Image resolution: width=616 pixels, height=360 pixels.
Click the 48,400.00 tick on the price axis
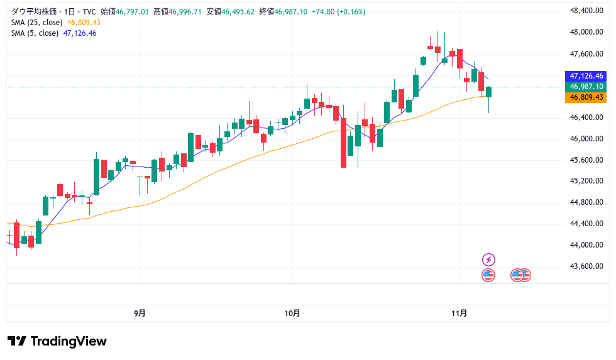582,11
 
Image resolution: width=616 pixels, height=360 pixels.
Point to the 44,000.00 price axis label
582,245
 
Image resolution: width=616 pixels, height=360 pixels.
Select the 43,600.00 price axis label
582,266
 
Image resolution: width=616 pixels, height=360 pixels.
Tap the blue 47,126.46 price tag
586,75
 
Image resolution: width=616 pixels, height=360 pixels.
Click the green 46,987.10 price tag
586,87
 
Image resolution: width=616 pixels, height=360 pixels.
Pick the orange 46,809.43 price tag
586,97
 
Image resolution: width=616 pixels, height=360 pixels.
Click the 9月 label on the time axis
140,313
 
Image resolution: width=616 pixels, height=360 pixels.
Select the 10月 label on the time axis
292,313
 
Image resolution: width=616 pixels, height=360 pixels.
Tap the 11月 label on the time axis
459,313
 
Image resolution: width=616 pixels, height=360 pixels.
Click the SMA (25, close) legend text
36,23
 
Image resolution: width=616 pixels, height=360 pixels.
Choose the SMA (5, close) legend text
35,33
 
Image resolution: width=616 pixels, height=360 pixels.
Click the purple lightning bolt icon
488,259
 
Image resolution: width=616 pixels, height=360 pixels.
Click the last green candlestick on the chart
488,92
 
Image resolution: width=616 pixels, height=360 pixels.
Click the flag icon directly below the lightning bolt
488,275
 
